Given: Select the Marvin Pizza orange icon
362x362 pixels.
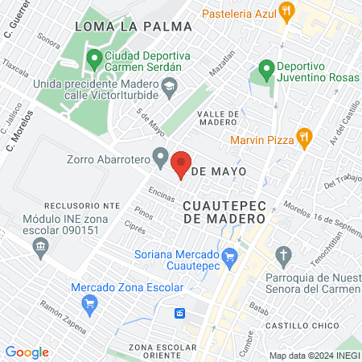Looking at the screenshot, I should pyautogui.click(x=303, y=137).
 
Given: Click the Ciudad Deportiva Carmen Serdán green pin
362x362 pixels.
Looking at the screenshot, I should pyautogui.click(x=94, y=59).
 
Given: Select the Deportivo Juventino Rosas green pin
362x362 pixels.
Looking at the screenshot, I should pyautogui.click(x=265, y=72).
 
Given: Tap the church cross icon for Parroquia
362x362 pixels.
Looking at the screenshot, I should pyautogui.click(x=283, y=257).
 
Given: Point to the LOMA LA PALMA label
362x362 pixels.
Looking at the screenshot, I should pyautogui.click(x=133, y=27).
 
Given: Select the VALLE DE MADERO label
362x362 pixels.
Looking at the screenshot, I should pyautogui.click(x=213, y=117).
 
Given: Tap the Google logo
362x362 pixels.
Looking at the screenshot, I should pyautogui.click(x=27, y=352).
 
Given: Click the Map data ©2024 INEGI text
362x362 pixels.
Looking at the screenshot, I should pyautogui.click(x=313, y=356).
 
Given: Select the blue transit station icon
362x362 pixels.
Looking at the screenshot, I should pyautogui.click(x=182, y=314).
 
